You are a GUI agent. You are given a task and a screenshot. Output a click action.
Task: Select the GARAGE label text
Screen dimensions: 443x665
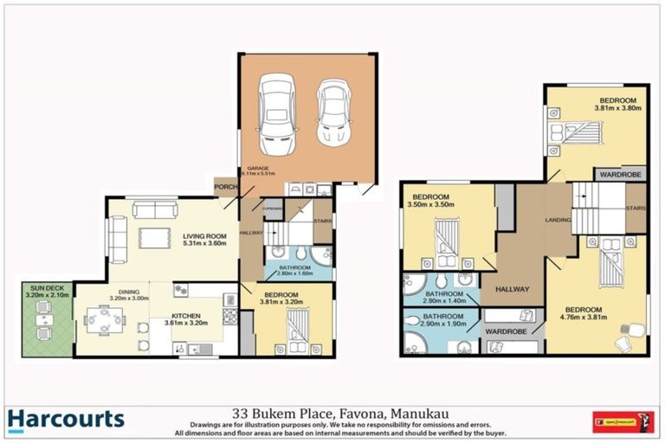[259, 168]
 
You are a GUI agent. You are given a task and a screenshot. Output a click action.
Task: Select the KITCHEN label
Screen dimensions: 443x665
[185, 318]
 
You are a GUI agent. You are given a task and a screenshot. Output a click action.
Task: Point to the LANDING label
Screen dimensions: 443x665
[558, 220]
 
